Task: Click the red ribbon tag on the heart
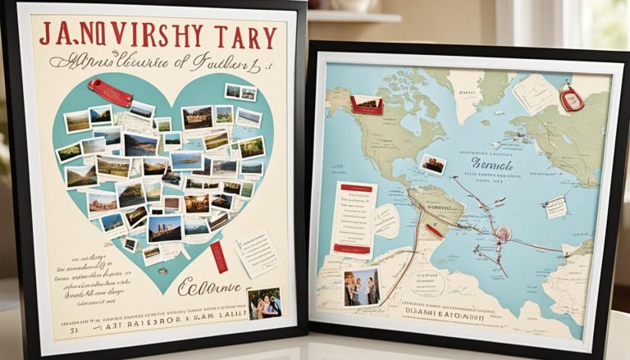(x=111, y=92)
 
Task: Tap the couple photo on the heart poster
(x=264, y=303)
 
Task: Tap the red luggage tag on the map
(x=572, y=99)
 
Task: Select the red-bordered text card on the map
(x=354, y=217)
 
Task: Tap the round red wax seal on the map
(x=501, y=233)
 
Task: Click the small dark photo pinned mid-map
(x=432, y=164)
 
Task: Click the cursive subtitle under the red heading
(x=160, y=62)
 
